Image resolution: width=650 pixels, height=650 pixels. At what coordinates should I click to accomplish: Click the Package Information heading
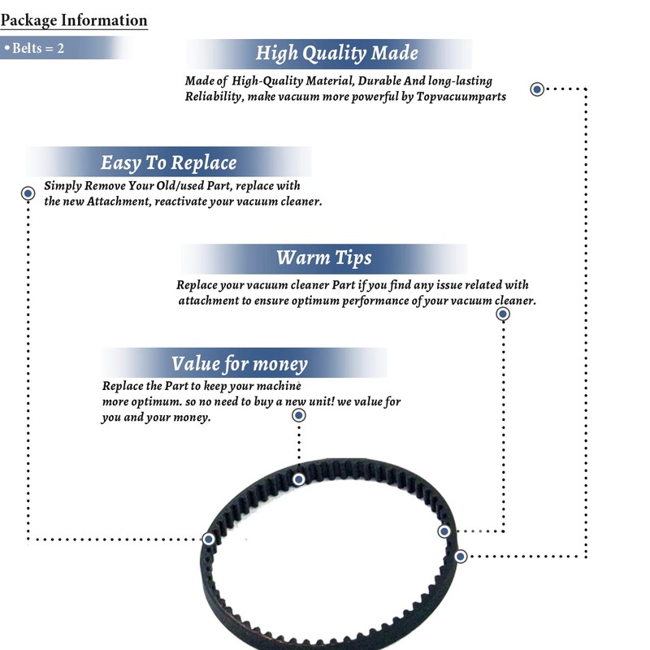[73, 20]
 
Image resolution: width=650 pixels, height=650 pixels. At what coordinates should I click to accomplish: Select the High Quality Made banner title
[336, 54]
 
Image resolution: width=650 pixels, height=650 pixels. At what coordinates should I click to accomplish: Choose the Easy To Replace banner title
[168, 162]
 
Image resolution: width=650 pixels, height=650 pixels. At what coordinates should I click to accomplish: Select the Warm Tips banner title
[323, 258]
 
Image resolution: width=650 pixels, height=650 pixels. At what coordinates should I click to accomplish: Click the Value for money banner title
[239, 362]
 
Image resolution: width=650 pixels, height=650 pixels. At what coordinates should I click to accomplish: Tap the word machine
[279, 385]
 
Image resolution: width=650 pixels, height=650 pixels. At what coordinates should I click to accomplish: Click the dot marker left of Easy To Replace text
[28, 193]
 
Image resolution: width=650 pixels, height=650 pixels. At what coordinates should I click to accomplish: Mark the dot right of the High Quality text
[537, 89]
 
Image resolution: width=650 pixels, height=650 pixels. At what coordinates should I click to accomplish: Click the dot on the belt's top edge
[299, 479]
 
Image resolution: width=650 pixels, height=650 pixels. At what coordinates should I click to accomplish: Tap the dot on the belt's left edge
[209, 539]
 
